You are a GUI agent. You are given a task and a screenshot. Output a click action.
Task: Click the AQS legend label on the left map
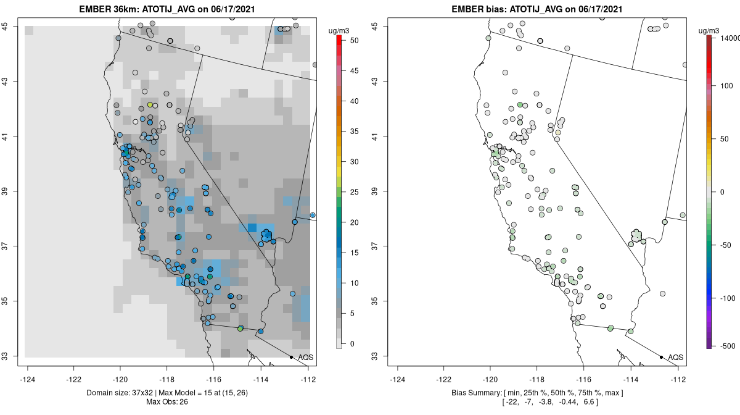(x=305, y=357)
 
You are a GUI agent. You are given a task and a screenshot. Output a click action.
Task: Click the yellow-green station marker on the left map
(x=150, y=105)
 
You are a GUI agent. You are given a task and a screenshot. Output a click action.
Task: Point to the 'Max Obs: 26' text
(x=168, y=402)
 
